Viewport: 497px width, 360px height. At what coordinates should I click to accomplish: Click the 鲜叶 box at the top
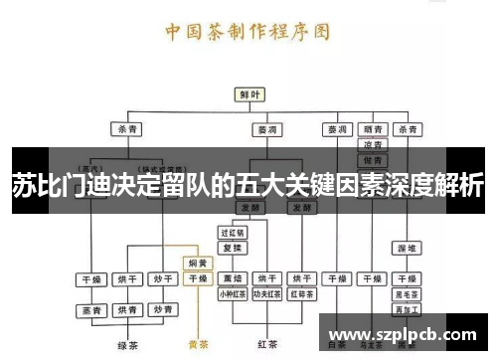248,94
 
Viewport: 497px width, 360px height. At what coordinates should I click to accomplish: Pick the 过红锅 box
233,231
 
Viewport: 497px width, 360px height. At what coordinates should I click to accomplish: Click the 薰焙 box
233,278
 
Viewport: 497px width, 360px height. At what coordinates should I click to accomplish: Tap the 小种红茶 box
233,294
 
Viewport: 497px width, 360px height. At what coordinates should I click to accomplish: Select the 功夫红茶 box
266,294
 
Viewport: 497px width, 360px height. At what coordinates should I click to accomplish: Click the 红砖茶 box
301,294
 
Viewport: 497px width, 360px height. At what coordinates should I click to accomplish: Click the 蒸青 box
91,311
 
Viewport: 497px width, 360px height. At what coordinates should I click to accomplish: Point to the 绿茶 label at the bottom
125,345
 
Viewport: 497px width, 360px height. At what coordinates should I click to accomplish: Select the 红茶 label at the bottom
266,345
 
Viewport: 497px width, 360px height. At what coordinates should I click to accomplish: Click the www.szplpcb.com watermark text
403,334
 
